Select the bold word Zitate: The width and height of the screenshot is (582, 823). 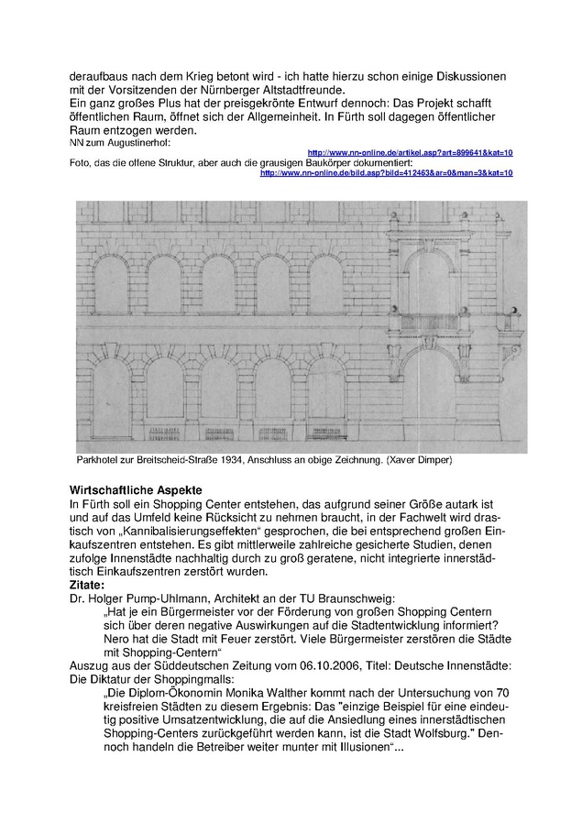coord(92,583)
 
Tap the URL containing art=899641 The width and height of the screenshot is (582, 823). coord(410,152)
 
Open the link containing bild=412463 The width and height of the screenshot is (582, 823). coord(386,172)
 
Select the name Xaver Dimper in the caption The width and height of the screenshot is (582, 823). coord(418,458)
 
